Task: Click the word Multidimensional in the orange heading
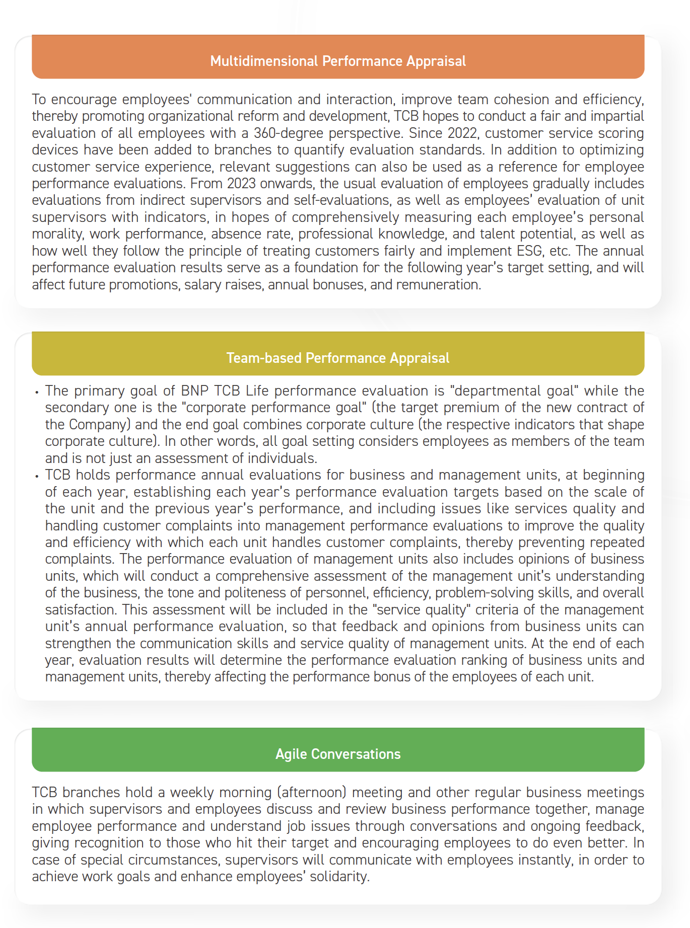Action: coord(264,61)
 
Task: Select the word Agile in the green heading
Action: coord(291,754)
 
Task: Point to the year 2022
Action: coord(463,133)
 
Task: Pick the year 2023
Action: coord(242,183)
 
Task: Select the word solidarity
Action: coord(338,876)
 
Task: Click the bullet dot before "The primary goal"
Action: coord(37,392)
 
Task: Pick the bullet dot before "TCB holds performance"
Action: coord(37,476)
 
